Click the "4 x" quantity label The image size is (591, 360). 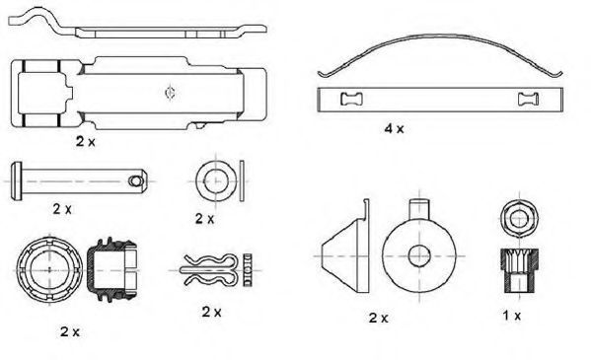coord(394,129)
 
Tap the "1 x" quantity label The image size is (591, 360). coord(511,316)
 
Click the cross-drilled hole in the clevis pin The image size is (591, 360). coord(135,180)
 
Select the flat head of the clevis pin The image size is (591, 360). coord(16,180)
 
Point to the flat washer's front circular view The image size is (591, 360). coord(216,180)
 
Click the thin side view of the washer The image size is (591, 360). coord(242,180)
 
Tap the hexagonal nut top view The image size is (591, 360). coord(520,219)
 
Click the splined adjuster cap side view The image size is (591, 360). coord(520,270)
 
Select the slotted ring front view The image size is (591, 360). coord(49,270)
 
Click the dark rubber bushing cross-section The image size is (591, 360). coord(111,269)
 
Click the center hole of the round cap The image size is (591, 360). coord(419,256)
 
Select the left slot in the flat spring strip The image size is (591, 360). coord(351,100)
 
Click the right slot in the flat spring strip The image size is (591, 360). coord(529,100)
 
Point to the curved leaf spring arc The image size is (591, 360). coord(440,36)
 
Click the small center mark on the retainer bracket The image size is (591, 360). coord(170,93)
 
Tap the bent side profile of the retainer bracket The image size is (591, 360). coord(137,27)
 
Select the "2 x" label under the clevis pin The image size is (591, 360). coord(62,208)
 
